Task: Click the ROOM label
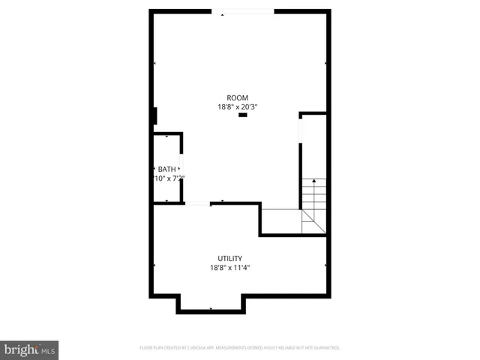[x=237, y=97]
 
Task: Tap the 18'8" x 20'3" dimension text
[x=237, y=107]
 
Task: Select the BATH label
[x=166, y=169]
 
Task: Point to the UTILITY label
[x=229, y=258]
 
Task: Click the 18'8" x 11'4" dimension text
[x=229, y=268]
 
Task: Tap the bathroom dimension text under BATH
[x=168, y=178]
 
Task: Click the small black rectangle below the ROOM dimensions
[x=242, y=116]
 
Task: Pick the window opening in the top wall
[x=242, y=11]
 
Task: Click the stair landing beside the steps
[x=281, y=221]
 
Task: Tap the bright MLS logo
[x=29, y=349]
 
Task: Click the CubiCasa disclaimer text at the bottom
[x=240, y=348]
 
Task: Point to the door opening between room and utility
[x=198, y=203]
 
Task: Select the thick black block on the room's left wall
[x=154, y=116]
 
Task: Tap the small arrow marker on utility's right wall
[x=325, y=265]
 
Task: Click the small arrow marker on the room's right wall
[x=325, y=63]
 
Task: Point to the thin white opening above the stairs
[x=301, y=130]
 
